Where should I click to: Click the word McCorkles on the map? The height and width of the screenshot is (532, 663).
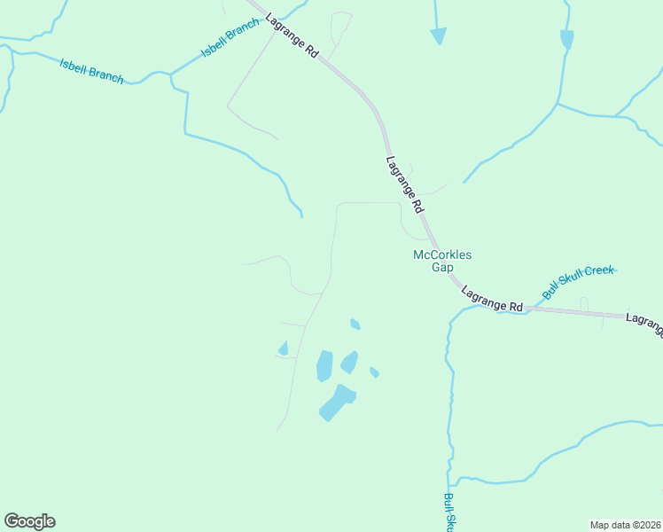click(x=442, y=254)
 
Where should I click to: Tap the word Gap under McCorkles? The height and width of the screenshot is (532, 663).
click(x=442, y=267)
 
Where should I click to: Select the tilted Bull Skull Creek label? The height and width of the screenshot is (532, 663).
click(x=578, y=282)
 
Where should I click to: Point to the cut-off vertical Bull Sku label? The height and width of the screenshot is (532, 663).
click(x=449, y=512)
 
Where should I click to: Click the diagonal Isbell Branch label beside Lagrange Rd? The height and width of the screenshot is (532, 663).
click(x=230, y=38)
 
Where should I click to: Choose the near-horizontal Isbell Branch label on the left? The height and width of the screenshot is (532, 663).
click(x=91, y=70)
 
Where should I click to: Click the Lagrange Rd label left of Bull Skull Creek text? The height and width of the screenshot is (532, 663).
click(x=492, y=300)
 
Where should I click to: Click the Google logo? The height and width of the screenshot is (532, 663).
click(x=29, y=521)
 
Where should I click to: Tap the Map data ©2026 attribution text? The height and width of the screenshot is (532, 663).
click(x=625, y=524)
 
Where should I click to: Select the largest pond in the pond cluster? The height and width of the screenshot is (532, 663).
click(x=337, y=403)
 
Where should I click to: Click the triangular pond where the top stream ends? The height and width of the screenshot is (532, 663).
click(x=438, y=35)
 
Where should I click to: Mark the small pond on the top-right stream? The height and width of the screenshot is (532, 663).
click(x=566, y=39)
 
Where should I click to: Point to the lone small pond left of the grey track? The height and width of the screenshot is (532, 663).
click(x=284, y=348)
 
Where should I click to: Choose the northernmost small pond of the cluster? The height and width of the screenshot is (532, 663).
click(x=355, y=324)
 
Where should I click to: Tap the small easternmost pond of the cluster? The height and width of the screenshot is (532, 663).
click(x=374, y=372)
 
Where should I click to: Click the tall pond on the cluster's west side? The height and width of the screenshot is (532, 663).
click(x=324, y=365)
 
